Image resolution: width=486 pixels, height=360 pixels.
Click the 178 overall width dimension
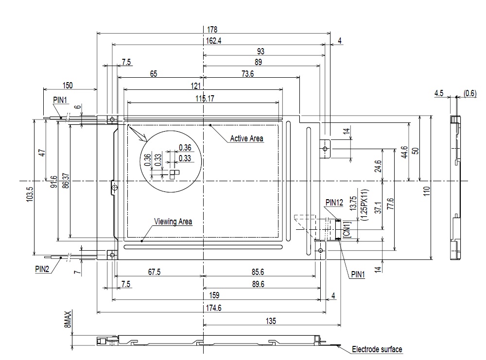(x=213, y=30)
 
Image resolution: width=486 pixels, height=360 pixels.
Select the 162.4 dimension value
(x=213, y=41)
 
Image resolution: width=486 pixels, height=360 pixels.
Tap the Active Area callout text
(x=246, y=138)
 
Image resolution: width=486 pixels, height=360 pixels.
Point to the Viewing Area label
(x=173, y=222)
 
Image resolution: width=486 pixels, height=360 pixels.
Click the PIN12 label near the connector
(x=334, y=202)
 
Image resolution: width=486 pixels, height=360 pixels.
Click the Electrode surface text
(x=377, y=349)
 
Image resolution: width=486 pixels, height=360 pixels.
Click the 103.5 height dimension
(x=29, y=185)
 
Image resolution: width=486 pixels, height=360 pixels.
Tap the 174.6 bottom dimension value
(x=213, y=308)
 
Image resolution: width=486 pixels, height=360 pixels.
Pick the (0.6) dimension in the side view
(x=470, y=93)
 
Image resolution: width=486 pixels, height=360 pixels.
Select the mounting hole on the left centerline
(x=114, y=188)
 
